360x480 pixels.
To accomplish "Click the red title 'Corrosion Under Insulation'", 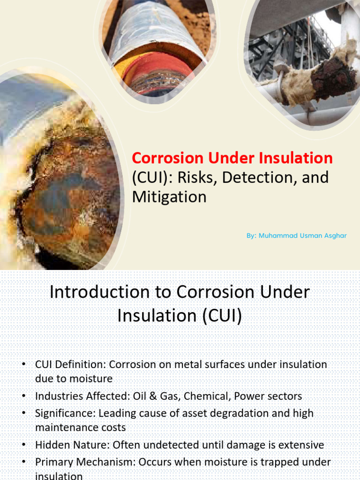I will click(232, 158).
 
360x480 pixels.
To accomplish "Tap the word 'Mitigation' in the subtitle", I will click(169, 196).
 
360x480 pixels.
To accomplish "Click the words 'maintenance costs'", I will click(80, 428).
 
